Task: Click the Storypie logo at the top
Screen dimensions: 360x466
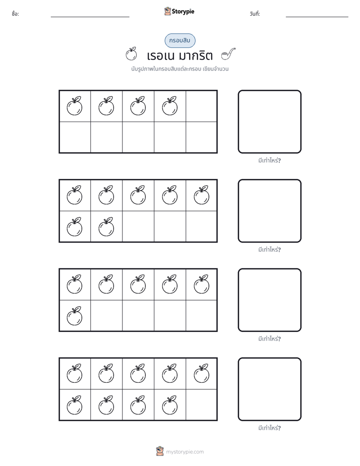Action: point(179,11)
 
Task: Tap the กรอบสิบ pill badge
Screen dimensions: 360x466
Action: point(180,40)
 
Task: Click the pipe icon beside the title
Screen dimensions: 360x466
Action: point(228,54)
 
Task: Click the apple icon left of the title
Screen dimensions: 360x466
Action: point(131,54)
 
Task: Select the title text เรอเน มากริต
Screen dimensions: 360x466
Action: point(179,55)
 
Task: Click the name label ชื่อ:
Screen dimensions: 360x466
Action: point(16,14)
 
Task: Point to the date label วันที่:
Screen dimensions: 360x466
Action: point(255,14)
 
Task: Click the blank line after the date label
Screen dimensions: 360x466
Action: point(317,17)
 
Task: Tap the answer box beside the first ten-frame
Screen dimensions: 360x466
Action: point(270,122)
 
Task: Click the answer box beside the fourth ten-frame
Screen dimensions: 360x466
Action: point(270,389)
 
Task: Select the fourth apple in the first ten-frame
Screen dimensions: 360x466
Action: point(170,106)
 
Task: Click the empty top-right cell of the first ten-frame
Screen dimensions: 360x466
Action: point(201,106)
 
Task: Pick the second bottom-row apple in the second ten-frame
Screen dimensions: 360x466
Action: point(106,227)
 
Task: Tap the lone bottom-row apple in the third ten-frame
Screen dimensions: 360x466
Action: point(75,316)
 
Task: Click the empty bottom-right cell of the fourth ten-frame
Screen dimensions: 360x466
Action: point(201,405)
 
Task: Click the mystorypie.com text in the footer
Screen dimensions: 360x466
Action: point(185,452)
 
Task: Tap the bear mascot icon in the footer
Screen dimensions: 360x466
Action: point(160,451)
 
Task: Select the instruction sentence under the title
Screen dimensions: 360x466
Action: point(180,69)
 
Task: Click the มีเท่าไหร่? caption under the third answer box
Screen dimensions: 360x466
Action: point(269,338)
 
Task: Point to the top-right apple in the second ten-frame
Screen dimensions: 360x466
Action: point(202,195)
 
